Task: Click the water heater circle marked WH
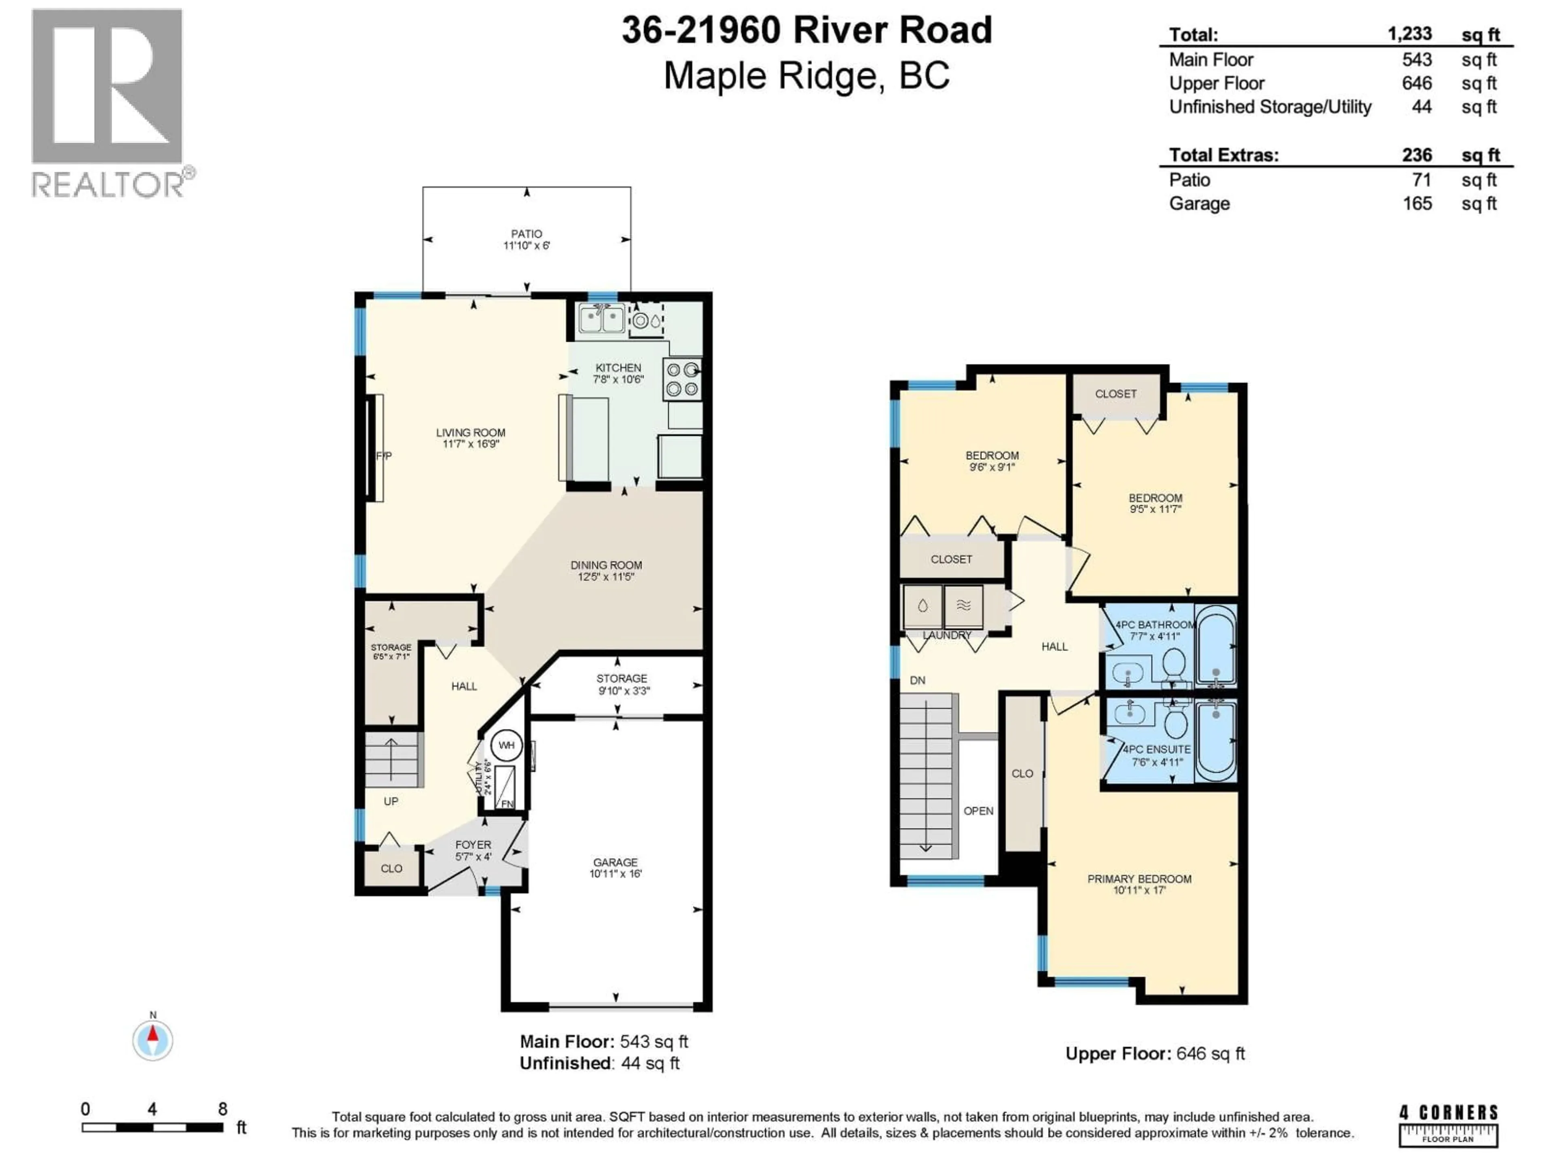coord(506,745)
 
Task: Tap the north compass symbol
coord(153,1040)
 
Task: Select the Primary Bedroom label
coord(1139,879)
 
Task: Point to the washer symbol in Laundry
coord(922,606)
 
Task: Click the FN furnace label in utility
coord(507,803)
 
